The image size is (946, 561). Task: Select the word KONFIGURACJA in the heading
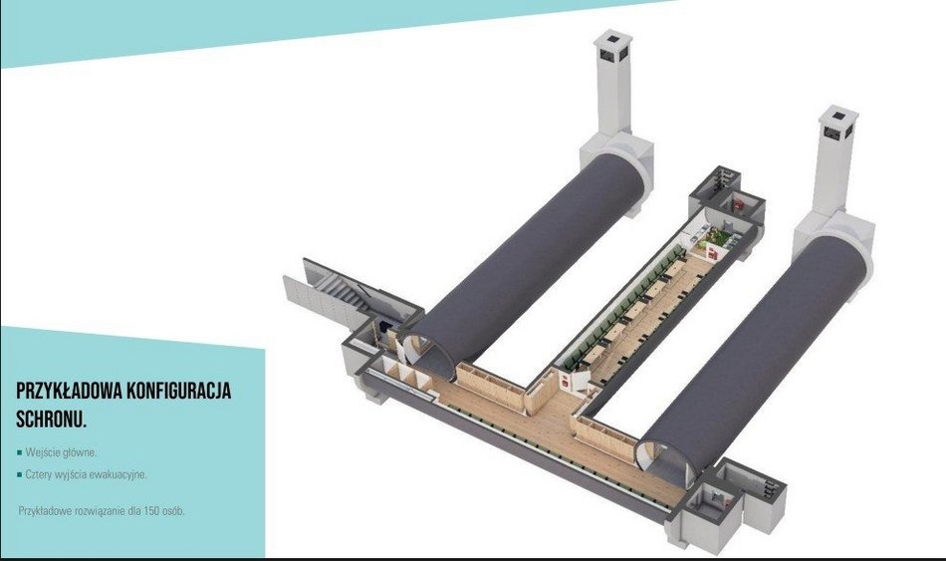(179, 391)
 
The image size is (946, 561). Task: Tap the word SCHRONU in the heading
(50, 420)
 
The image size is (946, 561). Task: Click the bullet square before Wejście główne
(20, 452)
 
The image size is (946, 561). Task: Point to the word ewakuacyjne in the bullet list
(118, 474)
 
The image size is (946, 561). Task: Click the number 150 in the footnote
(151, 511)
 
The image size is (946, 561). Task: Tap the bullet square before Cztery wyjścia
(20, 474)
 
